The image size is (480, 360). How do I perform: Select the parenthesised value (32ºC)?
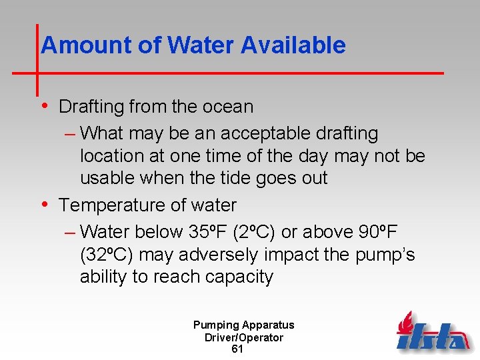pos(107,255)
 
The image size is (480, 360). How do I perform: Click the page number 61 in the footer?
pos(237,349)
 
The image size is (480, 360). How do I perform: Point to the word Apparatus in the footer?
pos(269,325)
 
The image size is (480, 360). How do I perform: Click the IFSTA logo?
pos(433,333)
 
